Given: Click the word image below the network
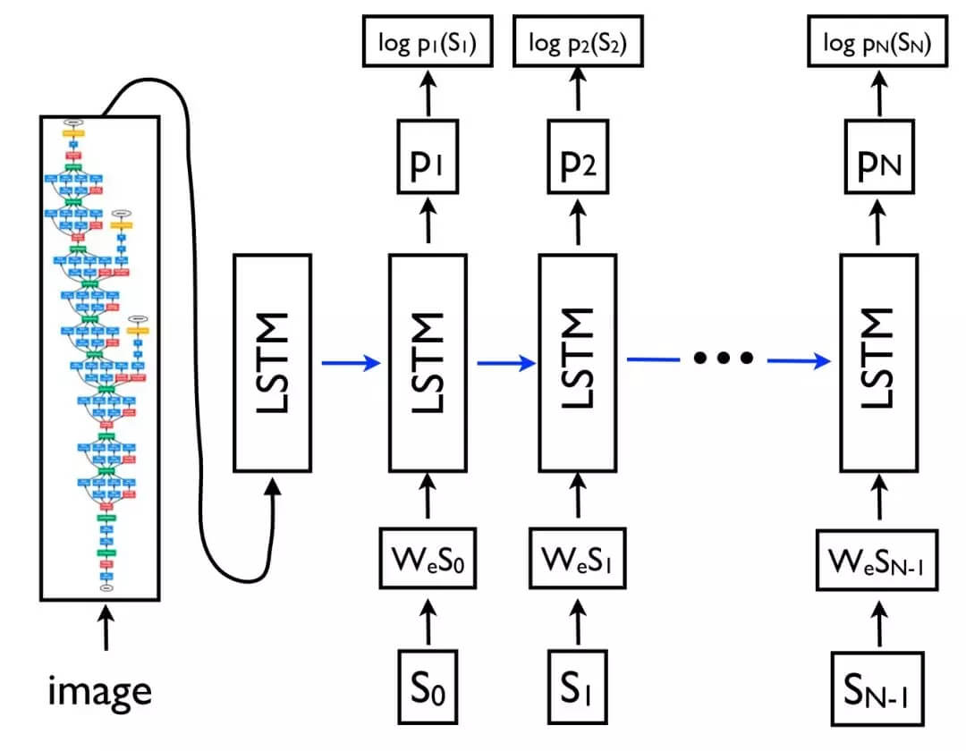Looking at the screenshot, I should click(99, 690).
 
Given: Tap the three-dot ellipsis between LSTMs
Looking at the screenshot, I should click(724, 359).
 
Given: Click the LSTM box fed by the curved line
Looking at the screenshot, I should click(272, 362).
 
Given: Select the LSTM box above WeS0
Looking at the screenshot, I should click(427, 362).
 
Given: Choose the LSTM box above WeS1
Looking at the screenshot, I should click(577, 362).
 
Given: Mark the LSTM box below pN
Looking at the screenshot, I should click(877, 362).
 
